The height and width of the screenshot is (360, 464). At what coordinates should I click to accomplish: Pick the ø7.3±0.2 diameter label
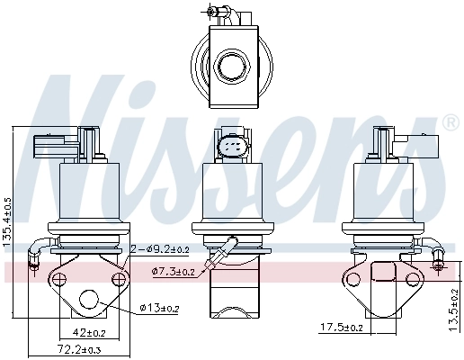pyautogui.click(x=174, y=271)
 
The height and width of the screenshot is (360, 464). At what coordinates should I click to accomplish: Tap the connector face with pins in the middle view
pyautogui.click(x=231, y=146)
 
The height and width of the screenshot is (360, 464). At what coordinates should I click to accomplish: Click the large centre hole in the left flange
pyautogui.click(x=92, y=301)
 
